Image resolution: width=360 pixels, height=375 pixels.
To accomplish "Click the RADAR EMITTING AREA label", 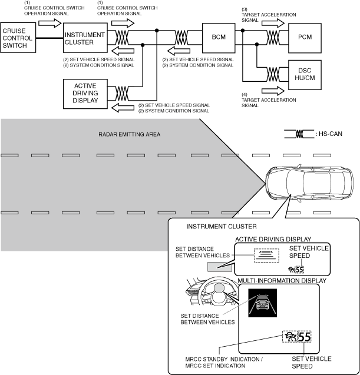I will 129,134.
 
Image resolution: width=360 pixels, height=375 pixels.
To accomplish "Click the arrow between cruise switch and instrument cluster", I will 48,23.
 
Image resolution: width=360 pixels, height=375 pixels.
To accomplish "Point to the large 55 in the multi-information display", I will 303,338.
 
